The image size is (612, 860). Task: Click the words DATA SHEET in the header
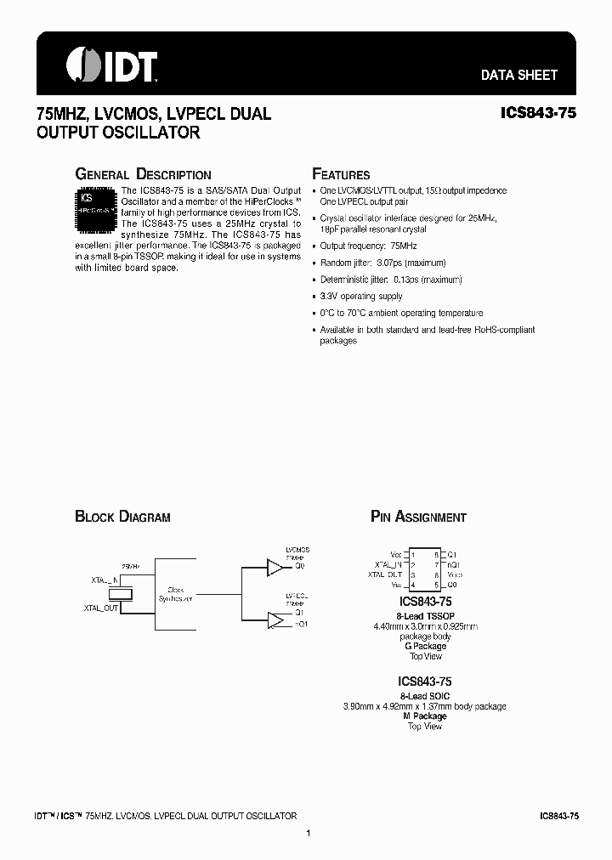coord(518,75)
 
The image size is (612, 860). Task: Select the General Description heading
coord(143,174)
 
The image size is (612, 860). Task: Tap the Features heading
coord(341,174)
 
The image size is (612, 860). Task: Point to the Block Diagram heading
coord(122,517)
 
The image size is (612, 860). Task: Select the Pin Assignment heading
coord(418,517)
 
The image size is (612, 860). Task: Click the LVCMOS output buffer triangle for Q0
coord(275,566)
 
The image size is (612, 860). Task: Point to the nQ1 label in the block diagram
coord(300,625)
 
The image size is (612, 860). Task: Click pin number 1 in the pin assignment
coord(412,554)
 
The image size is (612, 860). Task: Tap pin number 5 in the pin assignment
coord(435,585)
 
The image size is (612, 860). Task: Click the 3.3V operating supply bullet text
coord(361,297)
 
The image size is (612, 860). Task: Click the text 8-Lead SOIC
coord(424,695)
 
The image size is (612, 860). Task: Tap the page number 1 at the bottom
coord(309,834)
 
